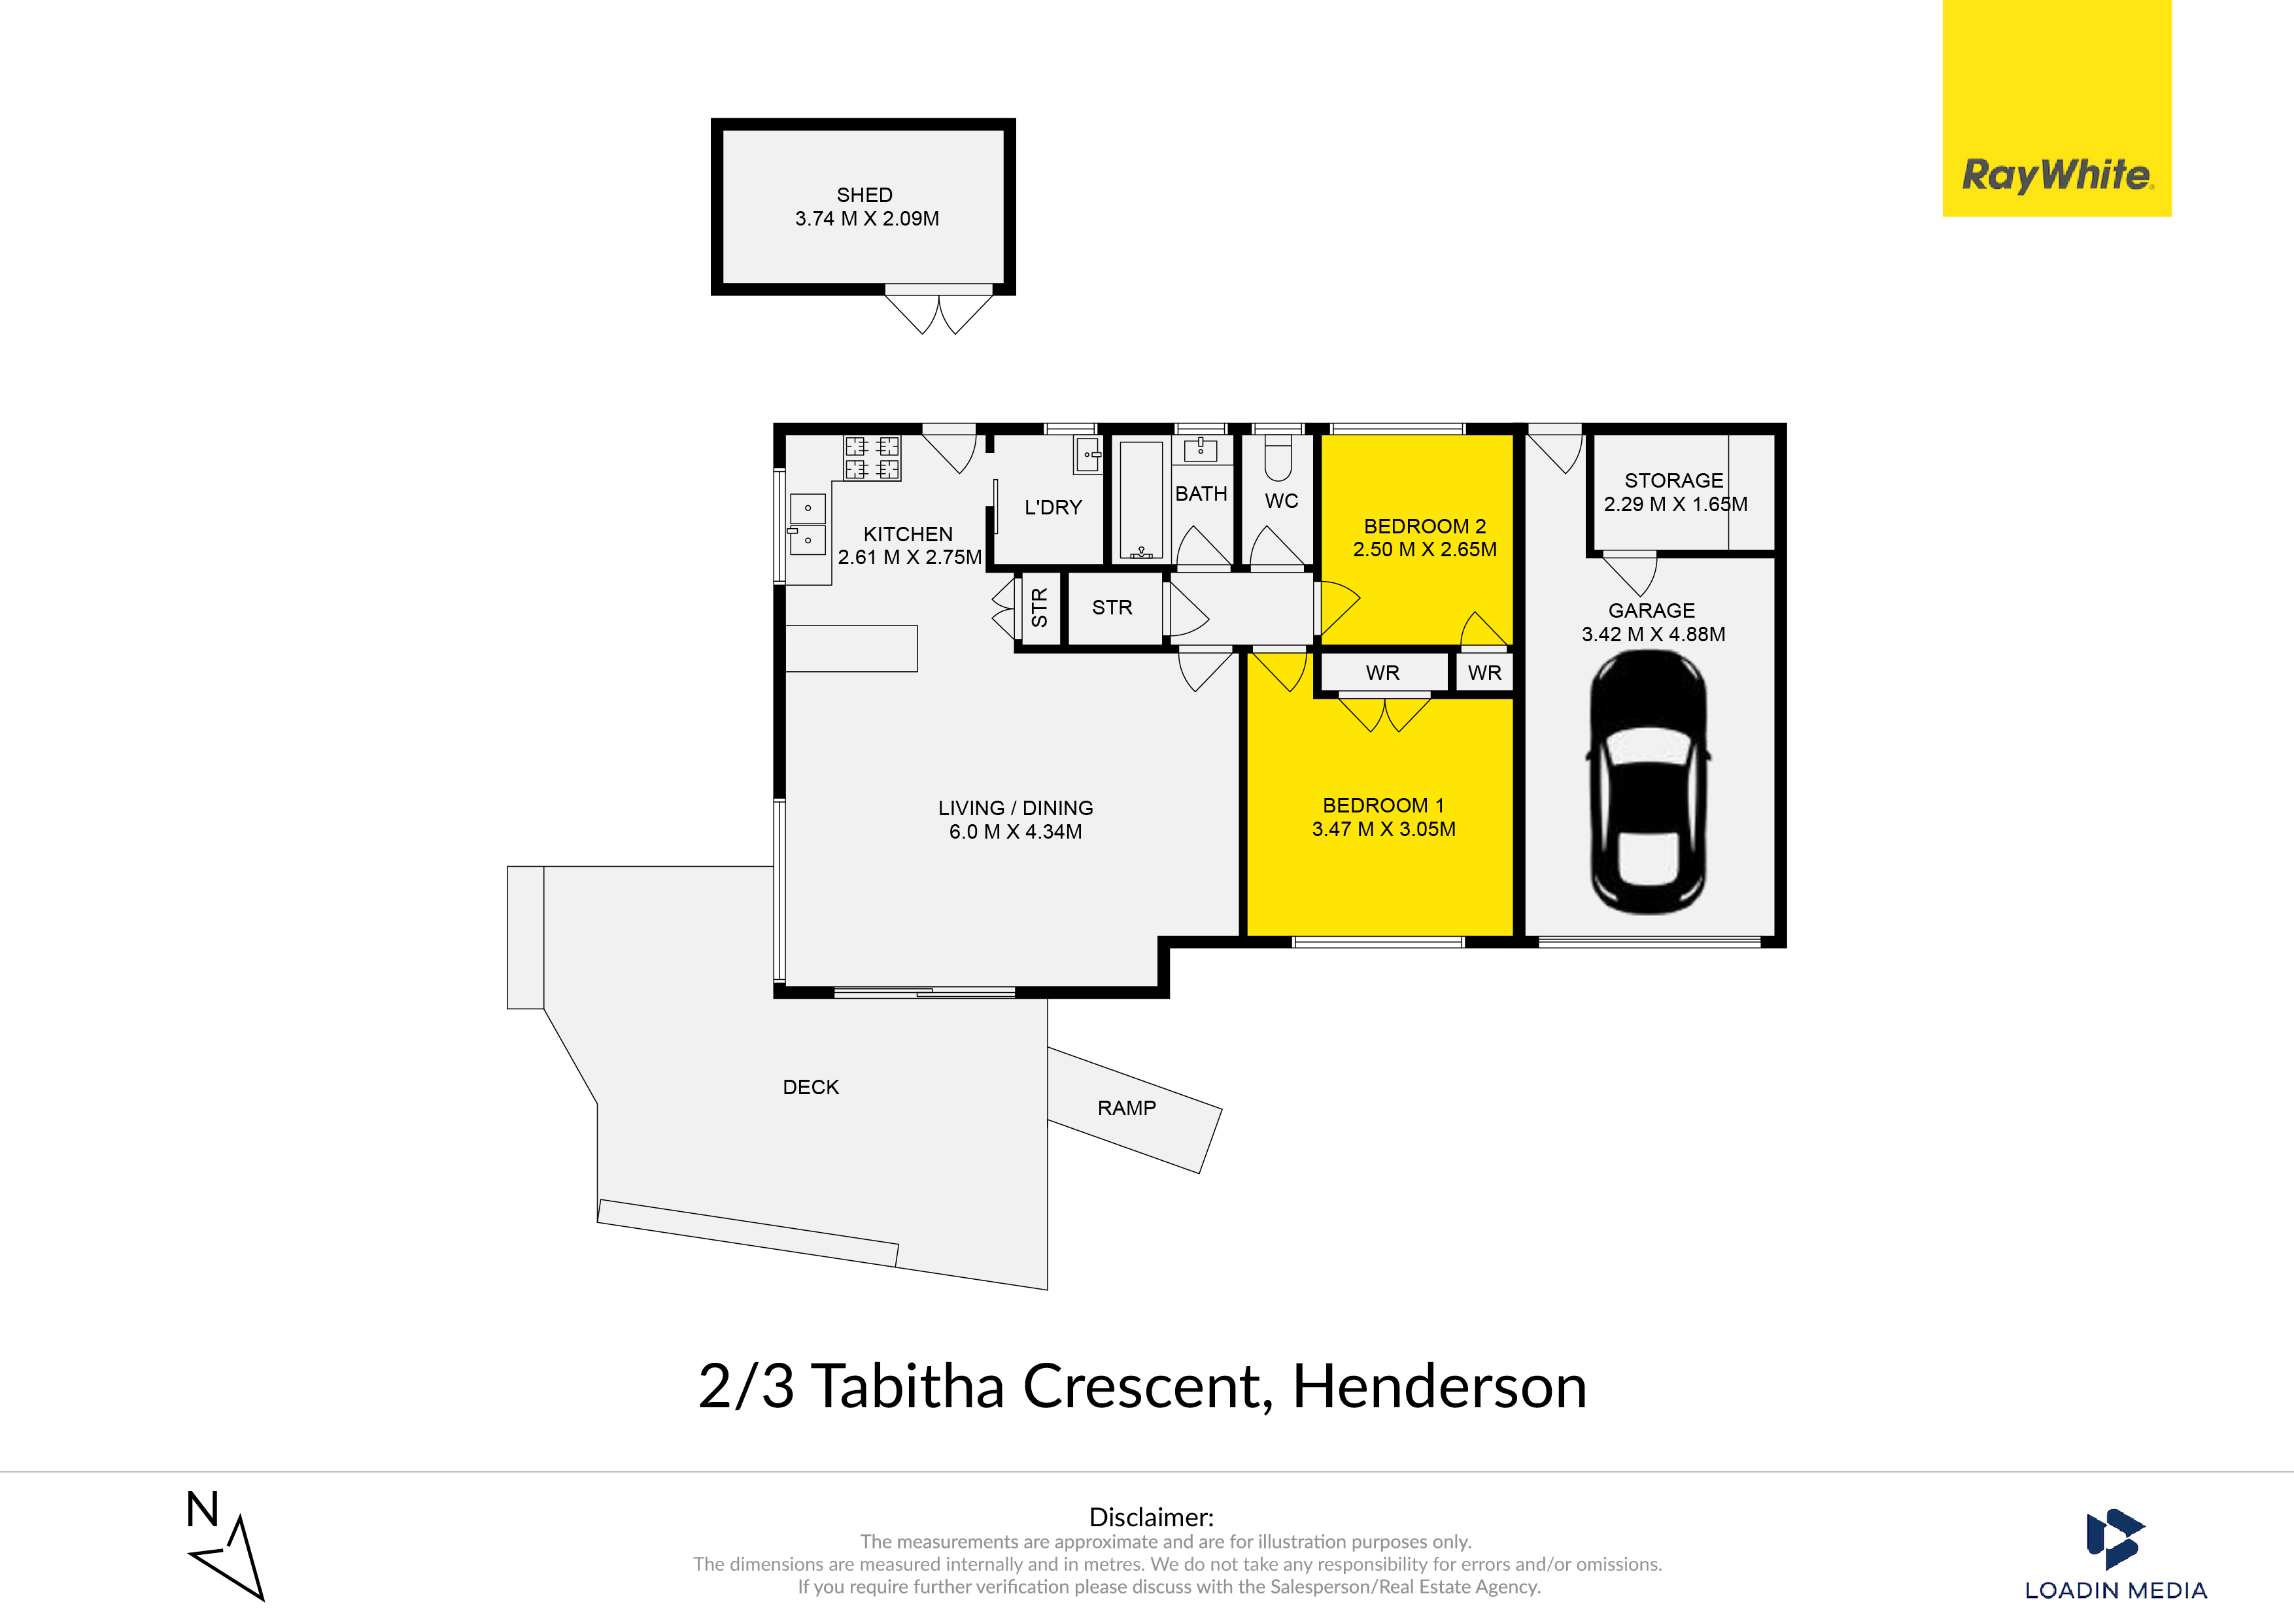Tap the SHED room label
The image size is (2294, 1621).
point(865,195)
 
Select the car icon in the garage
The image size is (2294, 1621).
point(1649,782)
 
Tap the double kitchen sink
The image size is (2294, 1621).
point(808,524)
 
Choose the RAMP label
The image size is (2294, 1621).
point(1127,1108)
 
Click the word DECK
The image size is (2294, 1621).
point(810,1087)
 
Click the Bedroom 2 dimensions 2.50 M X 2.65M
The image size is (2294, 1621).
point(1425,549)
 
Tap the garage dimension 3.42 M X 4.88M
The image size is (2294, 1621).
point(1654,634)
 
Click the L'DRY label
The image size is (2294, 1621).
point(1053,507)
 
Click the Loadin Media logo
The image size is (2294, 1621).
point(2115,1554)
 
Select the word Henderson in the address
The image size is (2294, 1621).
point(1440,1386)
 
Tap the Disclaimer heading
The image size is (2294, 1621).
point(1151,1517)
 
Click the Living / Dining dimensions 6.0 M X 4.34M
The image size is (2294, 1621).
point(1015,832)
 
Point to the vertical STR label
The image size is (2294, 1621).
point(1039,607)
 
